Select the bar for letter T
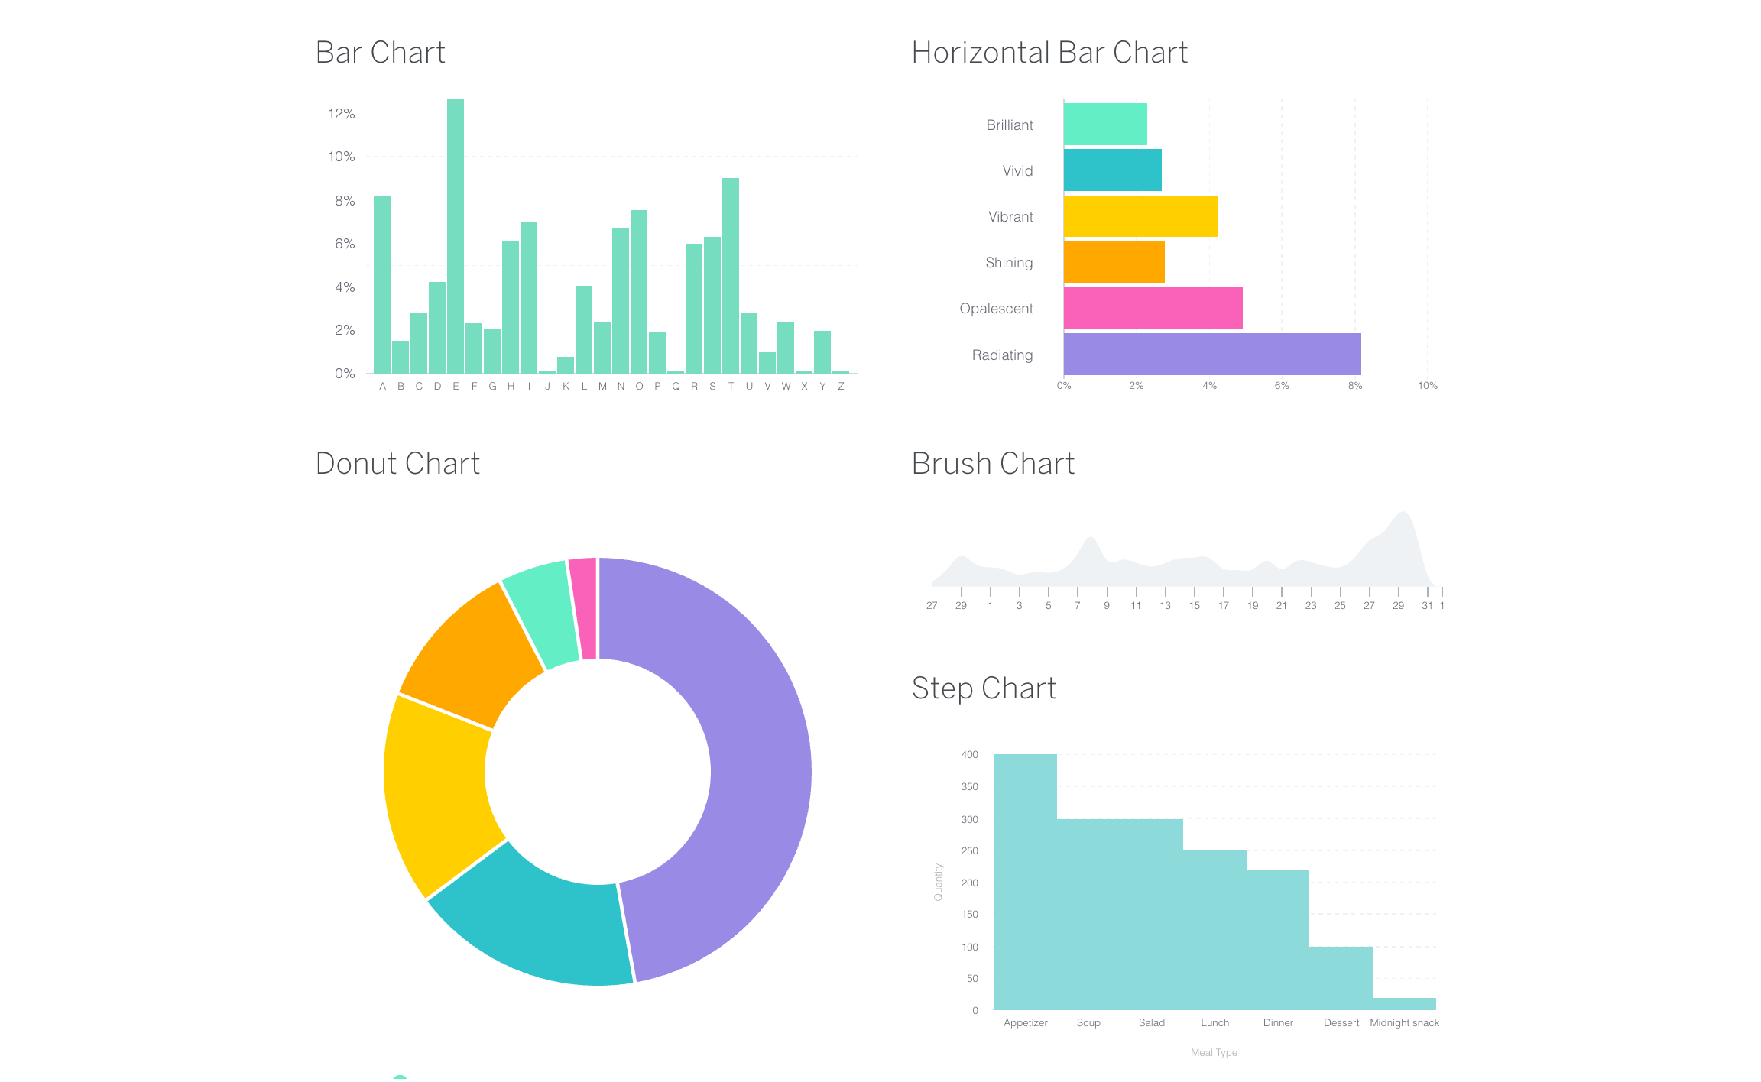tap(731, 275)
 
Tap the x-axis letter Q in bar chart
tap(676, 387)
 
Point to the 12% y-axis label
tap(341, 114)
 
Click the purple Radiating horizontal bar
tap(1211, 354)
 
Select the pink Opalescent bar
tap(1153, 308)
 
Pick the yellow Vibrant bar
tap(1140, 216)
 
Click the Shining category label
tap(1009, 263)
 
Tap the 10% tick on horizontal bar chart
tap(1427, 386)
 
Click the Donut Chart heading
tap(397, 464)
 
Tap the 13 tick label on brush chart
tap(1165, 606)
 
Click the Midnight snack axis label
tap(1404, 1023)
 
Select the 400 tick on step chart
tap(969, 755)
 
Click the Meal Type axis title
tap(1214, 1053)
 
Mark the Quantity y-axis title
tap(939, 882)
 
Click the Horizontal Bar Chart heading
tap(1049, 53)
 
